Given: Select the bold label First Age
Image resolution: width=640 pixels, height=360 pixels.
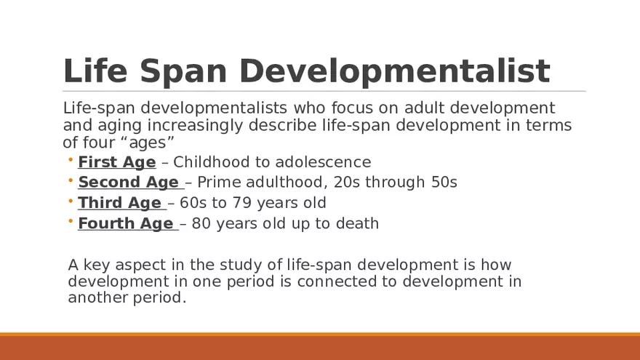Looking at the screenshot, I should tap(116, 162).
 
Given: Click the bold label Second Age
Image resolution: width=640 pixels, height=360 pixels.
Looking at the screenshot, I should tap(128, 182).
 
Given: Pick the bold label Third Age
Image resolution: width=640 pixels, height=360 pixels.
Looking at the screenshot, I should tap(119, 203).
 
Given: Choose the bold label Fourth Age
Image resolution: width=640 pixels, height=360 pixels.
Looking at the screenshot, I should tap(125, 224).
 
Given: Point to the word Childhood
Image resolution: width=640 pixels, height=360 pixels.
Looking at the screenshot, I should tap(208, 162).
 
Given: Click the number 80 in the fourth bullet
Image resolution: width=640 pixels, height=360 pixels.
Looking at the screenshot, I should tap(201, 224).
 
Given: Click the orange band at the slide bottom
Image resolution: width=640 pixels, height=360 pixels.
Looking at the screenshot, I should tap(320, 347).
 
